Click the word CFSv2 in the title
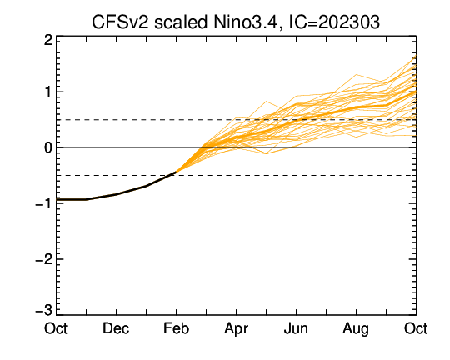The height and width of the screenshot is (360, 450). tap(121, 22)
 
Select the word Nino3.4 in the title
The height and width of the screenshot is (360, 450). tap(245, 22)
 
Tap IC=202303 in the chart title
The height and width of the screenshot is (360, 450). tap(334, 22)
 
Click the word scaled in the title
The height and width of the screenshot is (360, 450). tap(181, 22)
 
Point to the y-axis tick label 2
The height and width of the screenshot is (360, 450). tap(48, 40)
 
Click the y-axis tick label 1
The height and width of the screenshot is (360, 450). tap(48, 92)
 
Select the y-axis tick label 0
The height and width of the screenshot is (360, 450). tap(48, 147)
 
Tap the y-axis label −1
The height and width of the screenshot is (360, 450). tap(44, 203)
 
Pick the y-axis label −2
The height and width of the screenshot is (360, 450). tap(44, 259)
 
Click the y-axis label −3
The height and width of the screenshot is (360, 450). tap(44, 310)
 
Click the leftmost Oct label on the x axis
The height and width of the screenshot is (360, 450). tap(56, 328)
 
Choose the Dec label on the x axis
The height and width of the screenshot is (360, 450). tap(116, 328)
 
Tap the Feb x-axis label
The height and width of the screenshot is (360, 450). tap(176, 328)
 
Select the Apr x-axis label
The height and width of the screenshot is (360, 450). tap(236, 329)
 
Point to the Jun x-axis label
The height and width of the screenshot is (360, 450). tap(296, 328)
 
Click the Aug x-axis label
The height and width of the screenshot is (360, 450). tap(356, 329)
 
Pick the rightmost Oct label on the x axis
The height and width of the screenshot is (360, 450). tap(416, 328)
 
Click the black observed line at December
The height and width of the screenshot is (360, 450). tap(116, 194)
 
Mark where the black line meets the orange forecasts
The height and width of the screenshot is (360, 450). tap(176, 172)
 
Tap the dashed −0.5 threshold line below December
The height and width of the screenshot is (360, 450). tap(116, 175)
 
